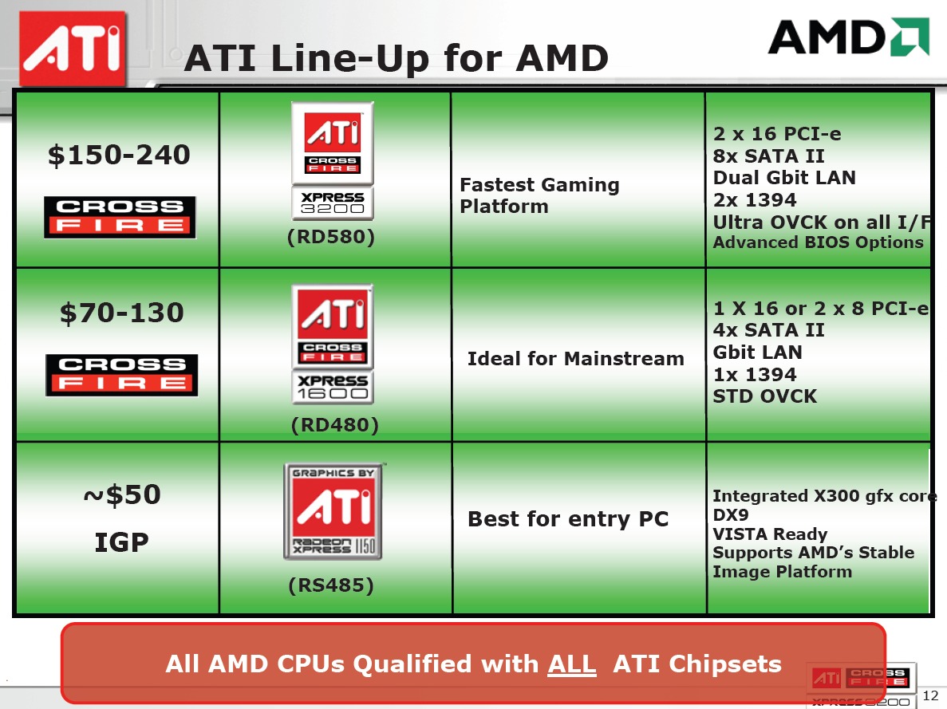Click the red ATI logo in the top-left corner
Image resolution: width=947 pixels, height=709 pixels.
click(x=73, y=49)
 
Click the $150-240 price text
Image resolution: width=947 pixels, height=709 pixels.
click(x=119, y=155)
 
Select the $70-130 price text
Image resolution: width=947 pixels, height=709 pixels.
click(x=121, y=313)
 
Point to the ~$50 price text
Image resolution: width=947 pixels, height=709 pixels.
click(x=121, y=494)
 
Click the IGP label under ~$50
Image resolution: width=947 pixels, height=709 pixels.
click(x=121, y=542)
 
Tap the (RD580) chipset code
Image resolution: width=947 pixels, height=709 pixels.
click(x=331, y=237)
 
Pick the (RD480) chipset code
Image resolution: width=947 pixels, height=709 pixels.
click(x=334, y=425)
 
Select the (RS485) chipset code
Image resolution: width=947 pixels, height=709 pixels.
click(x=331, y=585)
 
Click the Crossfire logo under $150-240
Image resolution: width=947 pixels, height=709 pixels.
click(x=120, y=218)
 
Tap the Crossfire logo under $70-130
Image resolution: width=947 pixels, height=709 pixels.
click(x=121, y=375)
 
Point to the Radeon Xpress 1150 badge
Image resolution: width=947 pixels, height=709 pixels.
click(x=333, y=511)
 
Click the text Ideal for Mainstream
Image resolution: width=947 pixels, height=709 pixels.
click(x=575, y=359)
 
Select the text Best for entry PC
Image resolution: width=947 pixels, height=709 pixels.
click(x=568, y=518)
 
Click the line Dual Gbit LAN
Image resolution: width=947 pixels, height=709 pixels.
click(x=784, y=178)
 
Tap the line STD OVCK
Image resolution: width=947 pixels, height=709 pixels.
click(x=765, y=396)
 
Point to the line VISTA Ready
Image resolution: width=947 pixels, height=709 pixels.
click(x=770, y=534)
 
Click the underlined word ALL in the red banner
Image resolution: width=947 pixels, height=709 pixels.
click(x=571, y=664)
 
